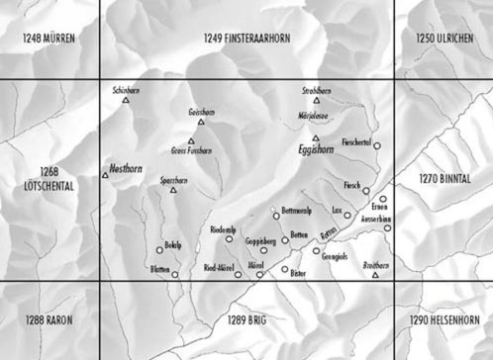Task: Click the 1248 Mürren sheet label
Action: tap(48, 39)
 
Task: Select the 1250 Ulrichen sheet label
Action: tap(443, 39)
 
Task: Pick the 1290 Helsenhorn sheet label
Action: tap(443, 320)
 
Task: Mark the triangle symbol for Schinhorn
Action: tap(128, 100)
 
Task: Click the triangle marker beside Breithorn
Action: tap(375, 274)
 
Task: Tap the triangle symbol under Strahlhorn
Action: tap(317, 100)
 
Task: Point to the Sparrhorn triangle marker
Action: tap(173, 190)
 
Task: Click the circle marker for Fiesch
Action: tap(365, 191)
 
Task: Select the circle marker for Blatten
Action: tap(174, 274)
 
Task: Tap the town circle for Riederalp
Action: tap(229, 238)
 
